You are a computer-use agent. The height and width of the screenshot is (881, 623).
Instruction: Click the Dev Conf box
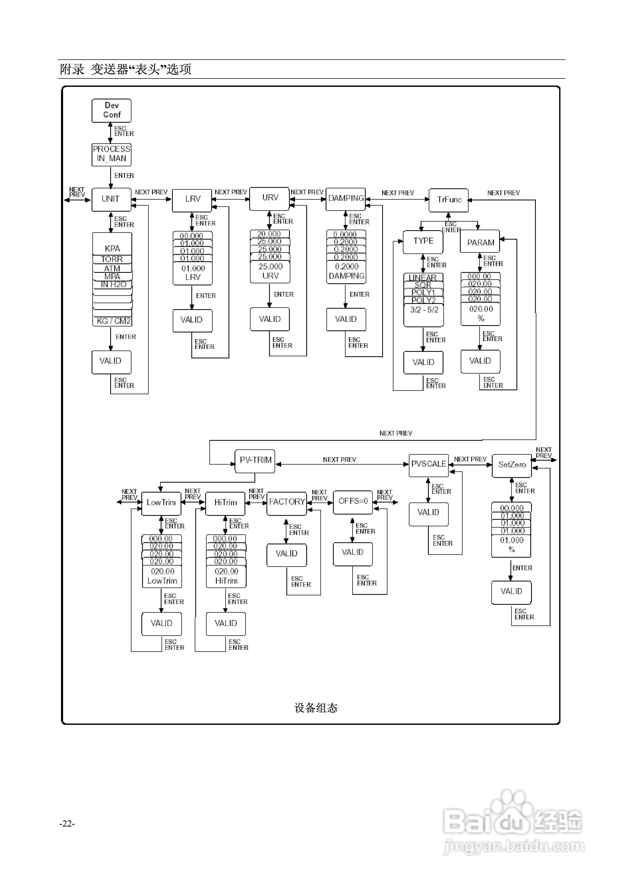112,110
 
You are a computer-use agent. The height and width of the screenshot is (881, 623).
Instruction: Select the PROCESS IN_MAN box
112,154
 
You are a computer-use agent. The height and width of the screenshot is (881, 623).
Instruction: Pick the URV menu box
270,198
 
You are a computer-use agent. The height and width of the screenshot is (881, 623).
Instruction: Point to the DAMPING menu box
346,199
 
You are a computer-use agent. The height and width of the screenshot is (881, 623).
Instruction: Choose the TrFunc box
449,200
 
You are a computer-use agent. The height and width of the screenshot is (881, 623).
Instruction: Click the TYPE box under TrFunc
423,241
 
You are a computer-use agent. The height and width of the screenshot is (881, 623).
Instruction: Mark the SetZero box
511,465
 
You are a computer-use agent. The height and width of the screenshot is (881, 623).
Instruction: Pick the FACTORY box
287,503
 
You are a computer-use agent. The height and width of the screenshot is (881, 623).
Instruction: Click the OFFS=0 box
353,501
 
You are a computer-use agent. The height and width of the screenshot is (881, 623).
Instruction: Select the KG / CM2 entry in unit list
113,321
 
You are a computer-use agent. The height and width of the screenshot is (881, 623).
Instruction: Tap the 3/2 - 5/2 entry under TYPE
424,310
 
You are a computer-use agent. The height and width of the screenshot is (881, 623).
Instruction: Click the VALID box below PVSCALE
428,513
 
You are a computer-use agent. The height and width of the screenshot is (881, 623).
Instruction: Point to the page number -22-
67,824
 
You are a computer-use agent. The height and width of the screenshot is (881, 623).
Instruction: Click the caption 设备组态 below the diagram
316,708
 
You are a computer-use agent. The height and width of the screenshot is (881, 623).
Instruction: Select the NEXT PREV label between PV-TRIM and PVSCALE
340,460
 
